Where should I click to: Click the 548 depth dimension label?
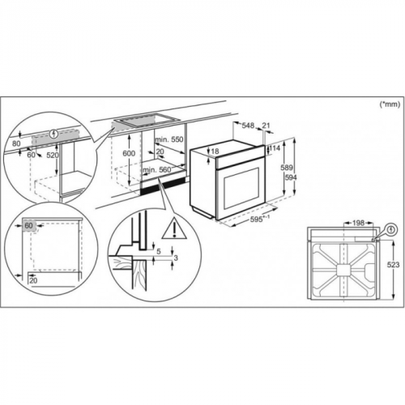[x=248, y=126]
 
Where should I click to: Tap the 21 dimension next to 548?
[x=266, y=126]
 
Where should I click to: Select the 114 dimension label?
[x=275, y=148]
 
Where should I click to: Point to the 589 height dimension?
[x=287, y=168]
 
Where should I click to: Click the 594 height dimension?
[x=290, y=177]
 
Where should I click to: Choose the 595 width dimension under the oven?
[x=257, y=220]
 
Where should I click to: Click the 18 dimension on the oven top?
[x=215, y=151]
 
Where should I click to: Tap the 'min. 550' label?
[x=169, y=139]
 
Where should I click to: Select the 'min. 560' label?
[x=157, y=169]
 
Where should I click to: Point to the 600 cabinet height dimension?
[x=129, y=153]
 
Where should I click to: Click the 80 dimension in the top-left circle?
[x=16, y=143]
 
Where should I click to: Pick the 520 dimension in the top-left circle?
[x=53, y=155]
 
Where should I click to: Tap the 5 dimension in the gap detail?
[x=159, y=252]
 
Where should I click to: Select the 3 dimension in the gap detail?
[x=176, y=258]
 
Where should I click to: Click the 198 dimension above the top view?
[x=358, y=223]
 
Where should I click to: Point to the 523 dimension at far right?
[x=393, y=265]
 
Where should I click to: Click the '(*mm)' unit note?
[x=390, y=104]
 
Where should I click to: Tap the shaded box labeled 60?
[x=29, y=225]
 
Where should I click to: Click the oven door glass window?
[x=241, y=188]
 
